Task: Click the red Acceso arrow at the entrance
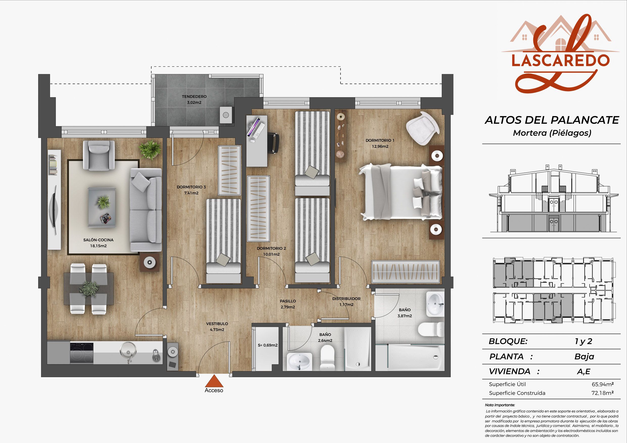click(x=214, y=381)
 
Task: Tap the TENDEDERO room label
click(x=194, y=97)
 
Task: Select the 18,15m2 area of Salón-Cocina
click(x=98, y=246)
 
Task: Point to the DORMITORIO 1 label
click(x=380, y=140)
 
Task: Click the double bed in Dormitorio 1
click(x=401, y=192)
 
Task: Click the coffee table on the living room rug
click(x=102, y=207)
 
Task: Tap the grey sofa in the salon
click(x=146, y=210)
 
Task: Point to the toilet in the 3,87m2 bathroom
click(x=431, y=330)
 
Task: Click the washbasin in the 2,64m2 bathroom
click(x=300, y=361)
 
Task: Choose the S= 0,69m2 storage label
click(x=268, y=345)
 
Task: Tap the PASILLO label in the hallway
click(x=288, y=301)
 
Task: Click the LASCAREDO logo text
click(x=560, y=60)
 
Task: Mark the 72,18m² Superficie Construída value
click(x=603, y=393)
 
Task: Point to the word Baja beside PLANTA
click(x=584, y=357)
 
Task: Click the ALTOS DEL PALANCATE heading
click(x=552, y=120)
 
